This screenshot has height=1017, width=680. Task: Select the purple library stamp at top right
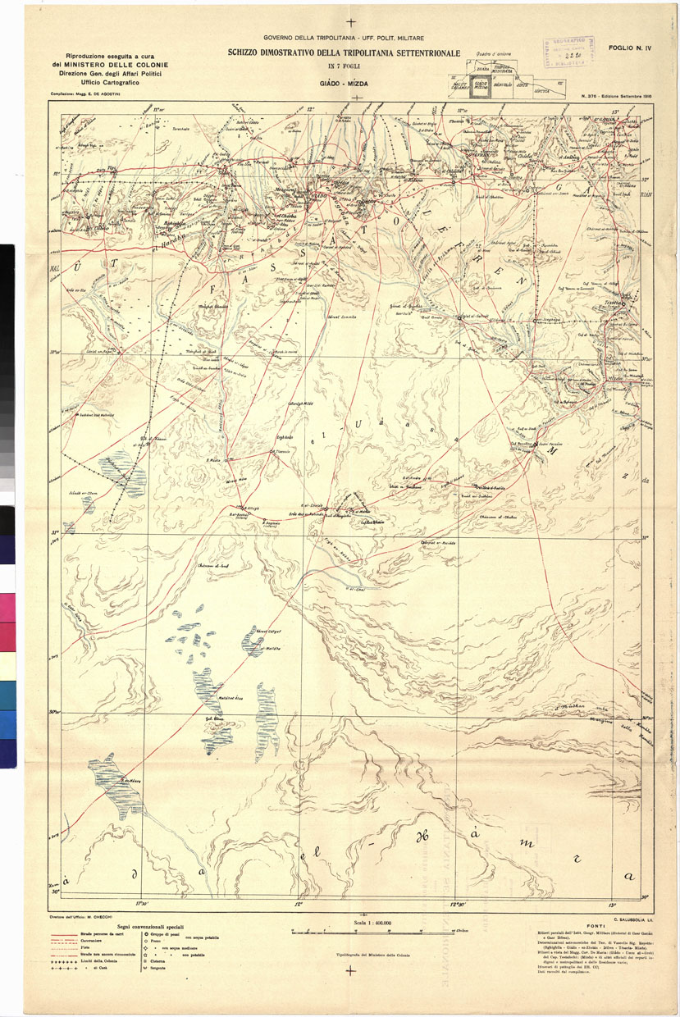pos(570,52)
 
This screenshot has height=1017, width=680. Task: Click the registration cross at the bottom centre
pos(350,971)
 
